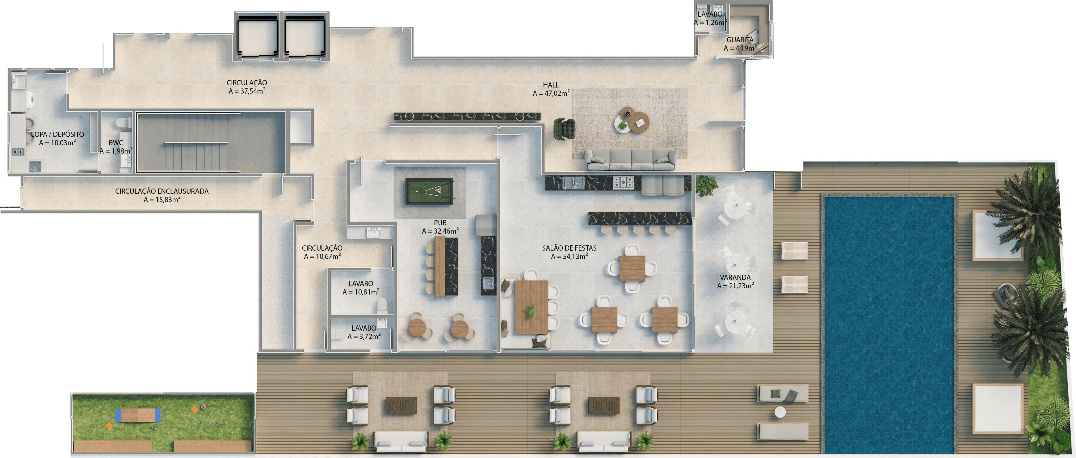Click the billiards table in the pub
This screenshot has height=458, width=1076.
pyautogui.click(x=429, y=191)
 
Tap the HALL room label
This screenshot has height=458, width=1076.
pyautogui.click(x=551, y=85)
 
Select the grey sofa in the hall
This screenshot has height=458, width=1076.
pyautogui.click(x=630, y=160)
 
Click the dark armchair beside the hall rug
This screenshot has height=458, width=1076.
pyautogui.click(x=564, y=129)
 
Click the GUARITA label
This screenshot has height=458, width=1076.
pyautogui.click(x=740, y=40)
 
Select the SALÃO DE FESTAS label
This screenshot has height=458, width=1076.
pyautogui.click(x=569, y=248)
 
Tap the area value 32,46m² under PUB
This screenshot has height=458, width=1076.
pyautogui.click(x=440, y=231)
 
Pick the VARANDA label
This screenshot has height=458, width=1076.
pyautogui.click(x=735, y=278)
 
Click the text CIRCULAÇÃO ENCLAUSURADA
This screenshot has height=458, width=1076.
pyautogui.click(x=162, y=191)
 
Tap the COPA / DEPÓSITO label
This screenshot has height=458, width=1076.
pyautogui.click(x=57, y=134)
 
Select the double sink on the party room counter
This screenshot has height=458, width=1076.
pyautogui.click(x=573, y=183)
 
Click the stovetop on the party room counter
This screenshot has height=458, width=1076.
pyautogui.click(x=623, y=182)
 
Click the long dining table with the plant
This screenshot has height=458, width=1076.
pyautogui.click(x=531, y=307)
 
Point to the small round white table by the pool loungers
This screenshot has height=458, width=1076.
pyautogui.click(x=780, y=412)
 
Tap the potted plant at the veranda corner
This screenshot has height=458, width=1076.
pyautogui.click(x=706, y=185)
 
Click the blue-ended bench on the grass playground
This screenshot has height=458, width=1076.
pyautogui.click(x=138, y=415)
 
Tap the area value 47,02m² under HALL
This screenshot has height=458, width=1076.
pyautogui.click(x=551, y=94)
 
